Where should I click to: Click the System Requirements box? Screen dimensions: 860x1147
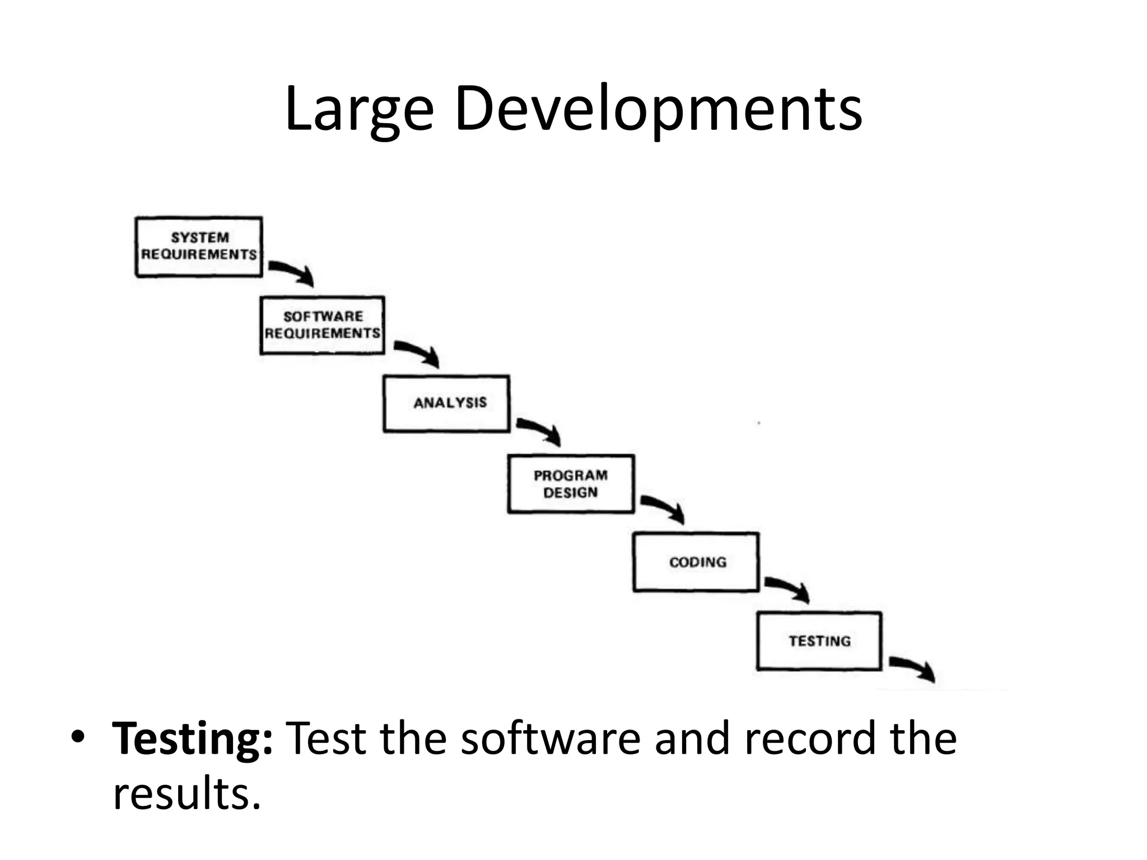[x=199, y=246]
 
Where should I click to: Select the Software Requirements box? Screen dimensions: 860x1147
[x=323, y=325]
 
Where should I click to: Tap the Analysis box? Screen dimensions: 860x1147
[x=446, y=403]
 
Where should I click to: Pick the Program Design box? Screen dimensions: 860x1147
[x=571, y=484]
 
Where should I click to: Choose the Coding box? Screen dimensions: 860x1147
[x=696, y=562]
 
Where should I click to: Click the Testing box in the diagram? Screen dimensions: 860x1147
[x=819, y=641]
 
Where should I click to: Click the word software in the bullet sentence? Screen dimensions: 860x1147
[x=551, y=739]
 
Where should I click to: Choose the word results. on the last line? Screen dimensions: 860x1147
[x=187, y=793]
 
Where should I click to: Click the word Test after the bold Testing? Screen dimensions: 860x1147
[x=326, y=739]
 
